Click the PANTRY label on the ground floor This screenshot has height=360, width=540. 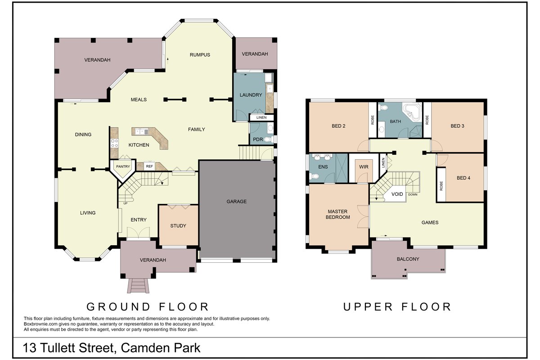[x=123, y=166]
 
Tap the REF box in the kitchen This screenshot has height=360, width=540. [x=149, y=166]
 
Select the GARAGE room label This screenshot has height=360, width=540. [x=237, y=201]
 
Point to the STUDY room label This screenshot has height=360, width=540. [x=178, y=226]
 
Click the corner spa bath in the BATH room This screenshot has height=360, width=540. [x=413, y=112]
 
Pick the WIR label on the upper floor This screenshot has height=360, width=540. [x=364, y=166]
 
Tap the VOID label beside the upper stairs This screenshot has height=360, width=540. [x=397, y=194]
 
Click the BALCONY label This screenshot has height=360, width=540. [x=408, y=259]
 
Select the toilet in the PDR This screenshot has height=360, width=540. [x=269, y=139]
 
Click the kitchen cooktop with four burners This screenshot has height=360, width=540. [x=114, y=143]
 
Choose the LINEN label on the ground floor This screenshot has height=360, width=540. [x=261, y=117]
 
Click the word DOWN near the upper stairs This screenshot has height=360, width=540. [x=413, y=194]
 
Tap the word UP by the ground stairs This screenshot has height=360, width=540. [x=126, y=203]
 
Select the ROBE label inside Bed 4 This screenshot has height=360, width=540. [x=441, y=186]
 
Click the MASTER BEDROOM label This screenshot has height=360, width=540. [x=337, y=214]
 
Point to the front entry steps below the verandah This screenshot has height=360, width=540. [x=139, y=285]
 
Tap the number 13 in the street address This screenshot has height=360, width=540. [x=29, y=348]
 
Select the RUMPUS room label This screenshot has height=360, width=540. [x=200, y=55]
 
